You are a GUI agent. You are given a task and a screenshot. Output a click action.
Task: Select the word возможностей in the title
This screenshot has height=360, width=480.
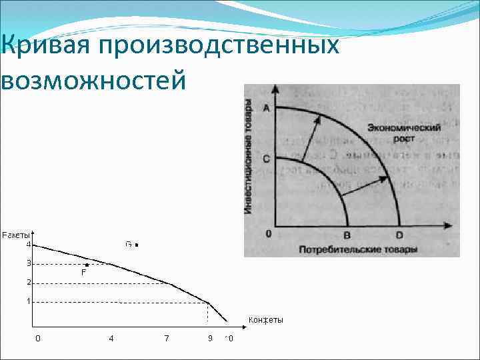pos(93,80)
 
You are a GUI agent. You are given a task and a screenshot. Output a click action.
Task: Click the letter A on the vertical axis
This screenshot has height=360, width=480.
pos(267,110)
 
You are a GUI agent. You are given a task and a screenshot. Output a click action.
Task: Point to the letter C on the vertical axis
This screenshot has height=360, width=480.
pos(267,159)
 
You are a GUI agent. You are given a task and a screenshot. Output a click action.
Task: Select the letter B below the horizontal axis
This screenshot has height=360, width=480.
pos(347,235)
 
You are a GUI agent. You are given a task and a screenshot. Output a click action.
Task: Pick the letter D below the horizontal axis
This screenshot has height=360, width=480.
pos(399,235)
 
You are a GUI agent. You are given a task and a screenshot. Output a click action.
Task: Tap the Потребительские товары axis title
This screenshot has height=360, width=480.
pos(359,250)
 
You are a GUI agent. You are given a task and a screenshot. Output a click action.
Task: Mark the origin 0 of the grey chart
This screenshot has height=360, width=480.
pos(267,234)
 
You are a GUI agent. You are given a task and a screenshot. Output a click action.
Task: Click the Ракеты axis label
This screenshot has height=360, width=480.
pos(16,235)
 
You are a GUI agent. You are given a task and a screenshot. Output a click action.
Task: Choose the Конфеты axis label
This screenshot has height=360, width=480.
pos(265,320)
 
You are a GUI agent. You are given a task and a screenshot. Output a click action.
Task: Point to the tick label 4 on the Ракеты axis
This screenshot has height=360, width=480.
pos(29,245)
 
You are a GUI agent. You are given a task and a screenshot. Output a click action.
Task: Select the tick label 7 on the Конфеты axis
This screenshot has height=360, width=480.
pos(167,339)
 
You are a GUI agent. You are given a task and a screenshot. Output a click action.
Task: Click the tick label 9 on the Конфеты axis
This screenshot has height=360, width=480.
pos(210,339)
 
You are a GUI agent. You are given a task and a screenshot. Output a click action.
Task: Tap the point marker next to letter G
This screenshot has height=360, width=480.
pos(137,245)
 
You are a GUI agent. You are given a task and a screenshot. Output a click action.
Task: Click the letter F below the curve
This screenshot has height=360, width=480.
pos(84,273)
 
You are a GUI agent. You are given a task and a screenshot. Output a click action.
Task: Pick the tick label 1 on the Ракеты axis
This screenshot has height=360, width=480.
pos(29,301)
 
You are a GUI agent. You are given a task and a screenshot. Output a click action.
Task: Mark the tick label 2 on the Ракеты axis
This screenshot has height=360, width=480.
pos(29,283)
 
